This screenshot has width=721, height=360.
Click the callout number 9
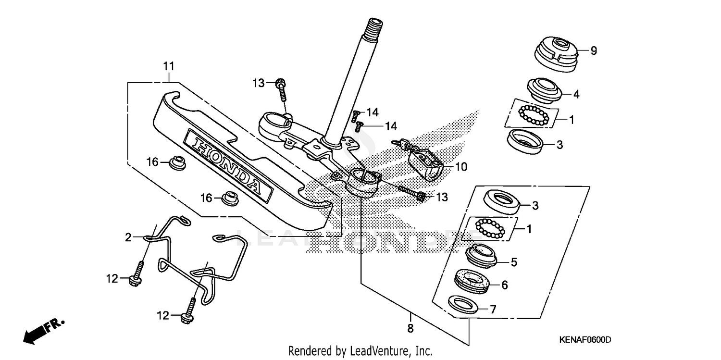594,50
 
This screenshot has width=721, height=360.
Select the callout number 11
168,66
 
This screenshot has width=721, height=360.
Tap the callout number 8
410,329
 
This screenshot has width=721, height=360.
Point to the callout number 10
460,167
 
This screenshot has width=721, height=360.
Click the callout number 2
128,237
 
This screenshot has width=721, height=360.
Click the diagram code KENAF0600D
584,340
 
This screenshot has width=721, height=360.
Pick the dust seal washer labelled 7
463,305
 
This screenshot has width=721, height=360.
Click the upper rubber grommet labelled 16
178,162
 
